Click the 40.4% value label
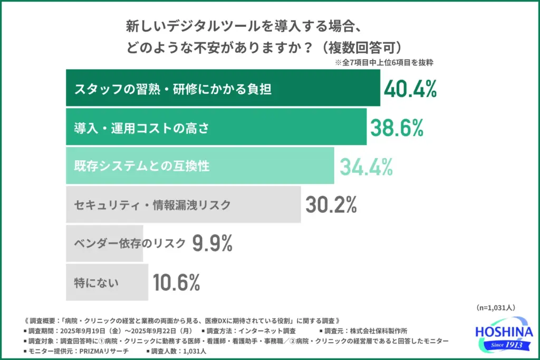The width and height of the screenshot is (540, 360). [410, 89]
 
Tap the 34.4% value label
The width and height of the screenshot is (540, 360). [365, 166]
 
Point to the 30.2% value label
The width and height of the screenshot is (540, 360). [331, 205]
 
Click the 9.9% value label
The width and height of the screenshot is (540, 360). [212, 243]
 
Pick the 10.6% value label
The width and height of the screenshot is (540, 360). [176, 283]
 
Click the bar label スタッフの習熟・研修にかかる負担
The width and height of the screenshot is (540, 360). [172, 89]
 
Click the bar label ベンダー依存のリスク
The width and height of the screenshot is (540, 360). [130, 243]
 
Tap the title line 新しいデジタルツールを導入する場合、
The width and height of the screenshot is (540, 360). [243, 25]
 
